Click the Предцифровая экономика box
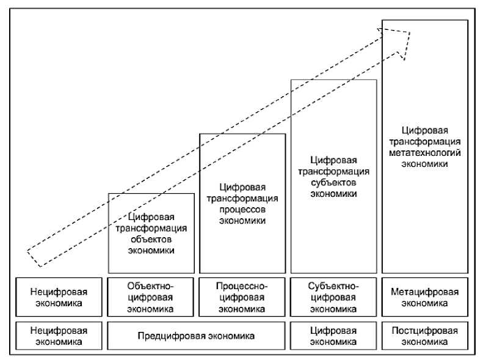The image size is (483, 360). [x=196, y=336]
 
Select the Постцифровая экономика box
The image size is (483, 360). [x=424, y=336]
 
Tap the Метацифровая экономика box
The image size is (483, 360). [x=424, y=297]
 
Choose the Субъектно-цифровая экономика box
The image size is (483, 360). [x=333, y=297]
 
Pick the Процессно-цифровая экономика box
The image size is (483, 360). [x=242, y=297]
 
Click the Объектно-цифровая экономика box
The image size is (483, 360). [x=151, y=297]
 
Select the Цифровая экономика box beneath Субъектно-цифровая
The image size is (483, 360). [x=333, y=336]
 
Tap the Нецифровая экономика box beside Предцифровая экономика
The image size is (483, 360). [x=59, y=336]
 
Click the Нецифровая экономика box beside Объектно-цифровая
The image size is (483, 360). [x=59, y=297]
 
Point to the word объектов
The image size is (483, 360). [x=151, y=240]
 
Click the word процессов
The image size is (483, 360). [x=242, y=210]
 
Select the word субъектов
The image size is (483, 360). [x=333, y=183]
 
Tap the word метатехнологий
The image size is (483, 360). [x=424, y=152]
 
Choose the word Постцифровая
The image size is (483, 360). [x=424, y=330]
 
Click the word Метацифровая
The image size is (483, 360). [x=424, y=292]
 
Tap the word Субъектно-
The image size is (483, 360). [x=333, y=286]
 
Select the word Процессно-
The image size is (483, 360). [x=242, y=286]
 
